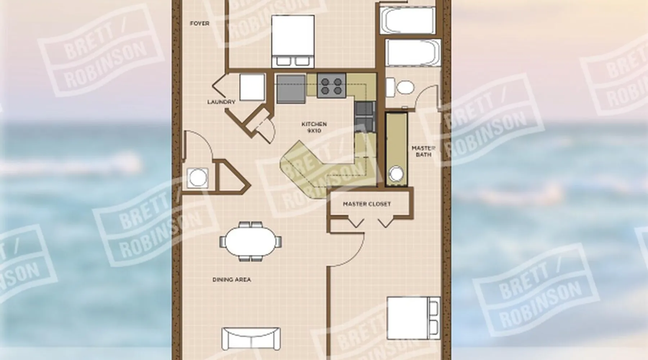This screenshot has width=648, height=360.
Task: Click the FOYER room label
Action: tap(199, 23)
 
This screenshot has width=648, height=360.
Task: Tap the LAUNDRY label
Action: tap(221, 102)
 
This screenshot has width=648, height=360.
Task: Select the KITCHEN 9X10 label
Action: tap(314, 127)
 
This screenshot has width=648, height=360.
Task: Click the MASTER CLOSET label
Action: tap(366, 204)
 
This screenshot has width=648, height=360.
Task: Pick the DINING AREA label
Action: tap(231, 280)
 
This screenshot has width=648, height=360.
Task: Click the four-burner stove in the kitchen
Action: tap(332, 85)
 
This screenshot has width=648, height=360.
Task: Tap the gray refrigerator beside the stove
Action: tap(291, 89)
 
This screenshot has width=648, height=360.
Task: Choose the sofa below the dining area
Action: tap(251, 338)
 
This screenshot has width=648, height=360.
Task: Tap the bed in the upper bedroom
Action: tap(292, 41)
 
